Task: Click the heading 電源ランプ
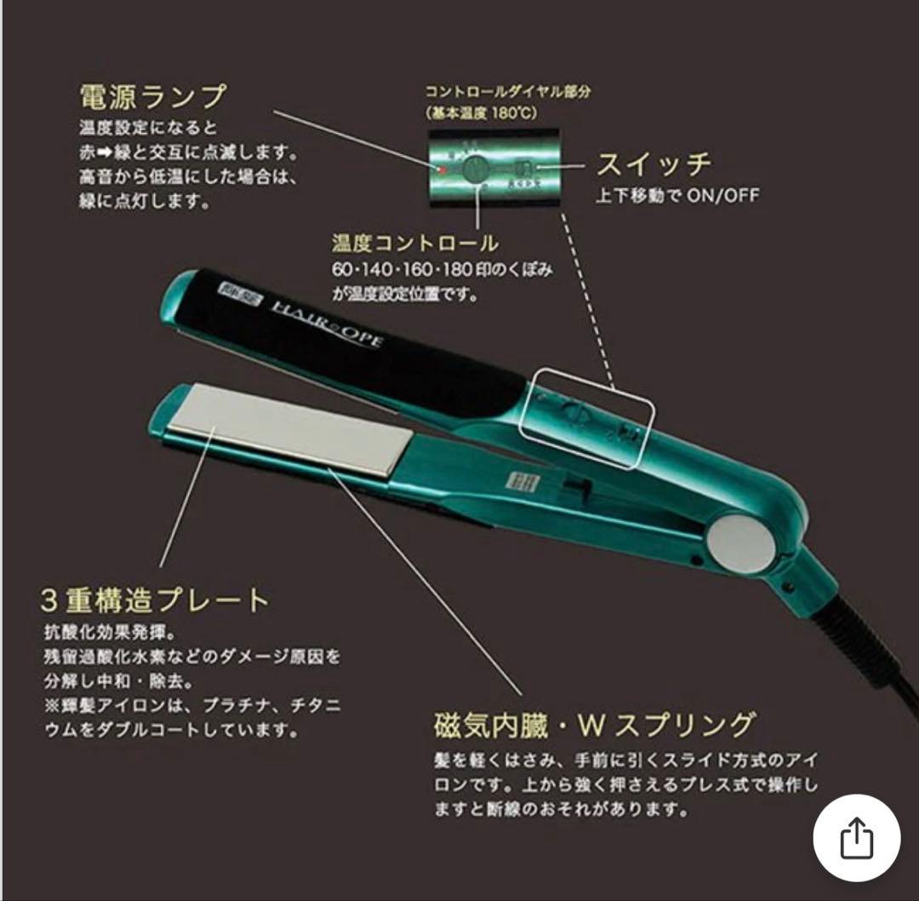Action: coord(152,95)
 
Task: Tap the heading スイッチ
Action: coord(653,164)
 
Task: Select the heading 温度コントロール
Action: coord(415,244)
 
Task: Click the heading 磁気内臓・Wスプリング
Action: coord(594,725)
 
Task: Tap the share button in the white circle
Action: coord(856,839)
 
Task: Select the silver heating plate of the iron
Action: coord(289,431)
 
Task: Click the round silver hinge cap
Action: coord(740,542)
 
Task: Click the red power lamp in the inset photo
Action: coord(443,169)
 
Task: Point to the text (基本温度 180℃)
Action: coord(481,112)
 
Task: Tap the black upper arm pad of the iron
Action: coord(357,349)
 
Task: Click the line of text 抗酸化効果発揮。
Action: coord(110,634)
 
